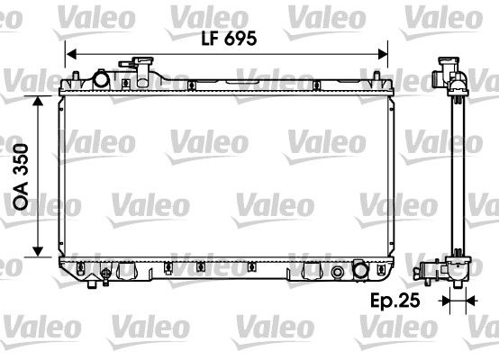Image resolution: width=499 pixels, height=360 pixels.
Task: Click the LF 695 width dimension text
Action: pyautogui.click(x=228, y=39)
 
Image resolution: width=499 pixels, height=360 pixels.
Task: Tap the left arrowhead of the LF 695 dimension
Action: pyautogui.click(x=72, y=52)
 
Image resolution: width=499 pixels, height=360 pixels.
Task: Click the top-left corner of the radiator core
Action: pyautogui.click(x=64, y=95)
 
